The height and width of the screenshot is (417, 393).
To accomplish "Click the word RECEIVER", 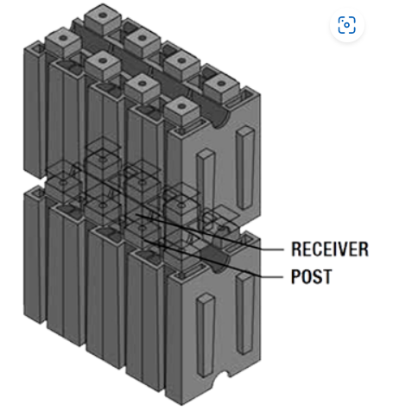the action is [x=330, y=250].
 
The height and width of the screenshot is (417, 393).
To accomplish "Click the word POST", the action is [x=312, y=276].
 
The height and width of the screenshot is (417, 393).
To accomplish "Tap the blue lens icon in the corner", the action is [x=346, y=25].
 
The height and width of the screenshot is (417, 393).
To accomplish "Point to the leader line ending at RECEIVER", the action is [x=210, y=232].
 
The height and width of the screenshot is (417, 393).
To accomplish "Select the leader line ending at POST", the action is [x=213, y=258].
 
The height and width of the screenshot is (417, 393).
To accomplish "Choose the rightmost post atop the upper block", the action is [x=221, y=86].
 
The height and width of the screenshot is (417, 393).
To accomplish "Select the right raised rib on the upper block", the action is [x=245, y=167].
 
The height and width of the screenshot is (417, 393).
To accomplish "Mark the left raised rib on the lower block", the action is [x=206, y=335].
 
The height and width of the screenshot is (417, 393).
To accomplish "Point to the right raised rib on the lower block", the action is [x=245, y=313].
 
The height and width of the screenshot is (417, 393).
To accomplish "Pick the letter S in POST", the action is [x=315, y=276].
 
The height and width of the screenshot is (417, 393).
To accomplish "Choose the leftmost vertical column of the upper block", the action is [x=35, y=110].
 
